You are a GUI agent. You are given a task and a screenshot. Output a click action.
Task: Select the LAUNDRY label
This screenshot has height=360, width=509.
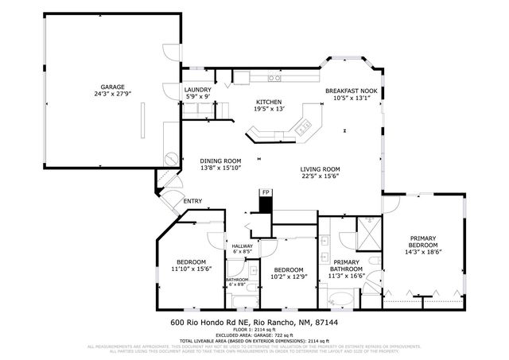point(197,91)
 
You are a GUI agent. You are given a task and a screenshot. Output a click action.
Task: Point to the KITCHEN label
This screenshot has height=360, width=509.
point(268,102)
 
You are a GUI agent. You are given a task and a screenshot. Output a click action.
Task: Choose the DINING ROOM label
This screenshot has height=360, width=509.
point(220,161)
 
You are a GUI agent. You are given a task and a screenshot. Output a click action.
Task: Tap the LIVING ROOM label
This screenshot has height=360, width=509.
point(320,168)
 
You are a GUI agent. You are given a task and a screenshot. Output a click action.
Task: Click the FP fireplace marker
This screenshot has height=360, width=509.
point(265,192)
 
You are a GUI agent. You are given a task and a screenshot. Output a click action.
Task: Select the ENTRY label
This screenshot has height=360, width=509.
point(192,201)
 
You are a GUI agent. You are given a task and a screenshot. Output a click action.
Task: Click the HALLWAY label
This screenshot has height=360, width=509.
point(241,246)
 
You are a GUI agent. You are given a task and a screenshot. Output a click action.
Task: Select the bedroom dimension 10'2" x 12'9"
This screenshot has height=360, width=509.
point(289,276)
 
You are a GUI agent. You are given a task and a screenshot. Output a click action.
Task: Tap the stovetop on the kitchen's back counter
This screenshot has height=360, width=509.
point(273,79)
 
